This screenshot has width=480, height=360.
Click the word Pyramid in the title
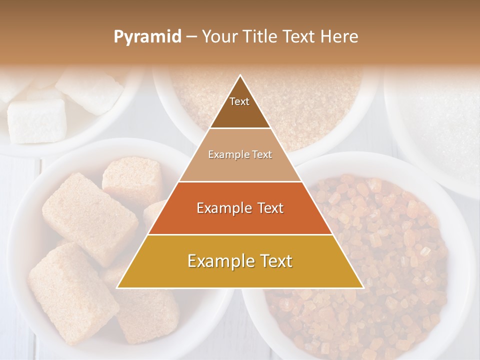147,37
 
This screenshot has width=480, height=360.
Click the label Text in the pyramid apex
239,101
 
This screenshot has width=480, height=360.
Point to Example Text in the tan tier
240,154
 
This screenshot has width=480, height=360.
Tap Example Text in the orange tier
240,208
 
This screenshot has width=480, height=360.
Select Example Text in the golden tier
240,260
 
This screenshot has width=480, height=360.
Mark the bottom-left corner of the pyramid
117,287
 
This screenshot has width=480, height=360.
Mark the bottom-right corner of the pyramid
363,287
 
